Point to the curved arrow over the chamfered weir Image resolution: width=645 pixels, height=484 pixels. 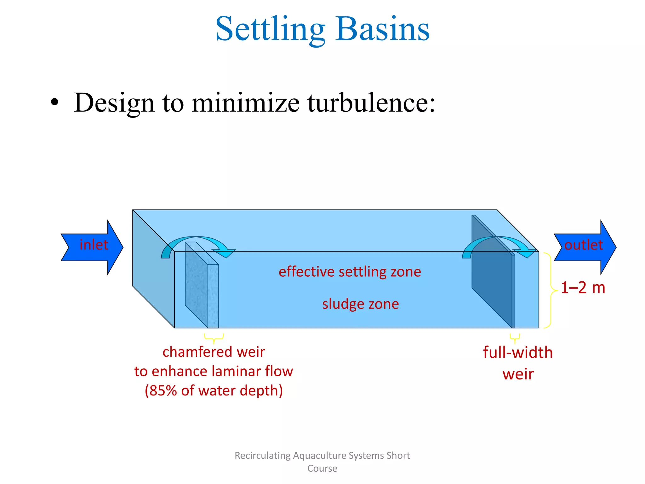pos(198,244)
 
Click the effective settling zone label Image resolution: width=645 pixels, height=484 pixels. pos(350,272)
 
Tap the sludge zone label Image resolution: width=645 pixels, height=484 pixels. pos(360,304)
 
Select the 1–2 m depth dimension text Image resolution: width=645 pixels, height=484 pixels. pos(583,288)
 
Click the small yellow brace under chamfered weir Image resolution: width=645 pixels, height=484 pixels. pos(214,338)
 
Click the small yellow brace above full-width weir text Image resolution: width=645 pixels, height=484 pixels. pos(515,338)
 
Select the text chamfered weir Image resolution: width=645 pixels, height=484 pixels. pos(214,352)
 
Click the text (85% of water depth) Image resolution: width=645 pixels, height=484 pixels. pos(214,391)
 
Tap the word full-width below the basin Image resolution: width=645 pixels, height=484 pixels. pos(518,352)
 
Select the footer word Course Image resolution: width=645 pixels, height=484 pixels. pos(322,468)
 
